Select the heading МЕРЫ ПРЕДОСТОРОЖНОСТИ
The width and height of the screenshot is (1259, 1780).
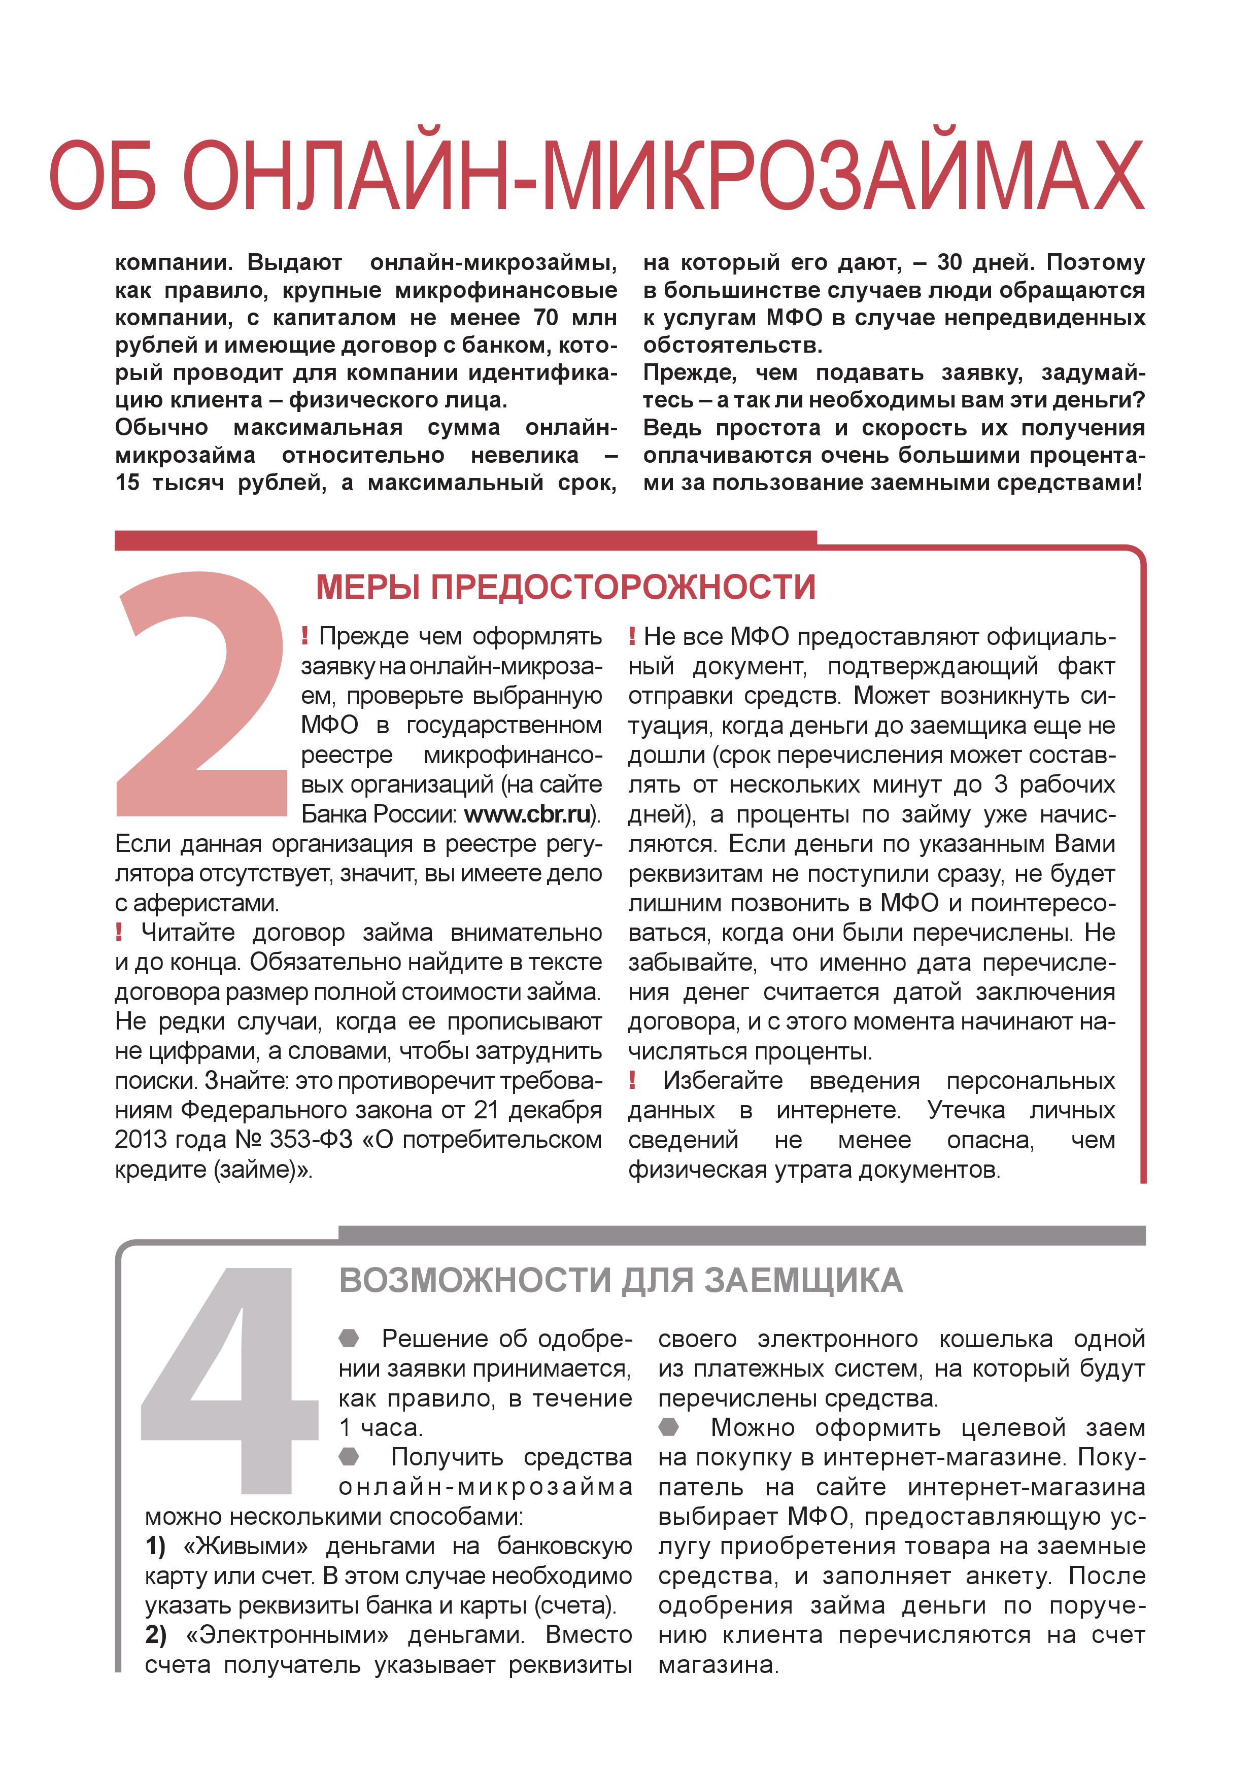pyautogui.click(x=565, y=587)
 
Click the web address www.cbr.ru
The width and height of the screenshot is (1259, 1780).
pyautogui.click(x=527, y=814)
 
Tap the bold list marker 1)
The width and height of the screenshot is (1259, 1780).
pyautogui.click(x=156, y=1546)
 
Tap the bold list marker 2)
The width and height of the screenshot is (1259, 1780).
pyautogui.click(x=156, y=1634)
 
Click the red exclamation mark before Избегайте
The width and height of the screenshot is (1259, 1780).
pyautogui.click(x=633, y=1080)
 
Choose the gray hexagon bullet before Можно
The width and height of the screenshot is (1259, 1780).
pyautogui.click(x=669, y=1426)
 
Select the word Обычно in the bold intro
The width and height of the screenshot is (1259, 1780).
pyautogui.click(x=161, y=428)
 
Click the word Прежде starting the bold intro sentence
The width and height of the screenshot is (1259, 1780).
pyautogui.click(x=689, y=373)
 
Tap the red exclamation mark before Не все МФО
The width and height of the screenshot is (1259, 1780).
pyautogui.click(x=633, y=636)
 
